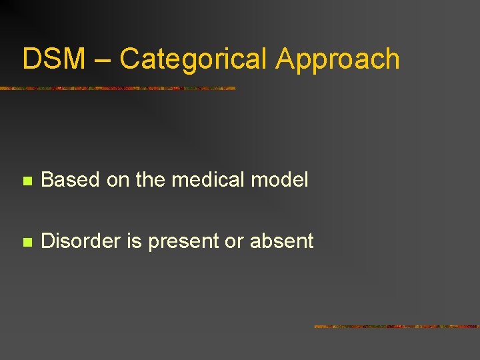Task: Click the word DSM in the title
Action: click(53, 59)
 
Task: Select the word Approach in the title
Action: click(337, 60)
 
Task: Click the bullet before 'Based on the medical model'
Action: click(27, 180)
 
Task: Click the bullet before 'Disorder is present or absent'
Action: click(27, 242)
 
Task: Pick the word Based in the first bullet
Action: click(69, 179)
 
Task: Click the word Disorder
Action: click(81, 241)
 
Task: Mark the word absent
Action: click(281, 241)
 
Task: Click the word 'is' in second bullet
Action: click(135, 241)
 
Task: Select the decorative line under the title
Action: click(117, 88)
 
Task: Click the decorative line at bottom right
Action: click(397, 327)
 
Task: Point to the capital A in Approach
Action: click(285, 59)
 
